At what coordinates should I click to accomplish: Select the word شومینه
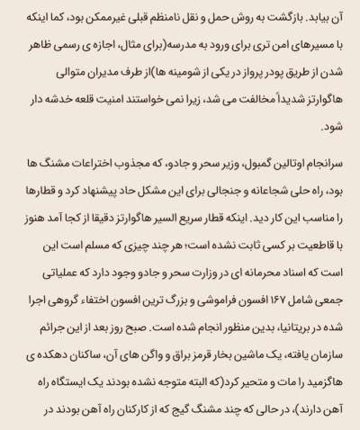[155, 62]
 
